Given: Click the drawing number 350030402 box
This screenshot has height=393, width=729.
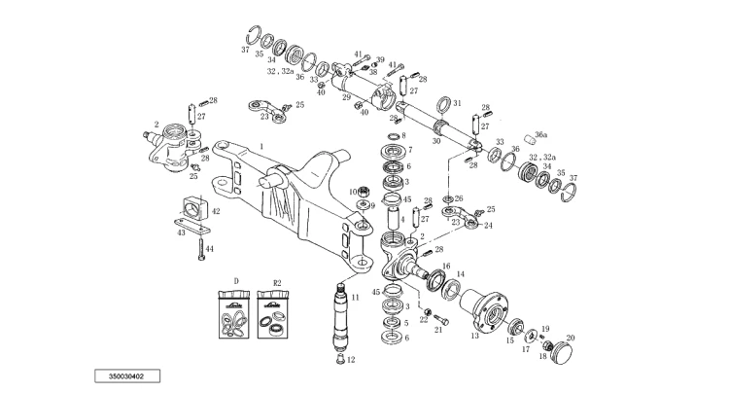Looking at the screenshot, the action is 127,375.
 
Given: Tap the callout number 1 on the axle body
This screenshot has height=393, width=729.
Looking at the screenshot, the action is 261,147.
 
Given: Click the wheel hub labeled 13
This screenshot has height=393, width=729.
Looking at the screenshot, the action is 484,308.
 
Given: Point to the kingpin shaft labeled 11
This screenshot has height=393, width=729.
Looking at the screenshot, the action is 344,317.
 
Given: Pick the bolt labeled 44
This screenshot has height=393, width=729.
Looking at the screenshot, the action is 201,248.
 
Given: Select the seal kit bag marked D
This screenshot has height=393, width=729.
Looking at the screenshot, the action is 234,315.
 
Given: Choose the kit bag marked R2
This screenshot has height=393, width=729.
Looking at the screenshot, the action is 273,315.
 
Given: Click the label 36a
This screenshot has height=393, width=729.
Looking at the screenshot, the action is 540,135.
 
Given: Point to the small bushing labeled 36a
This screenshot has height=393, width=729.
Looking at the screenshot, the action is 527,139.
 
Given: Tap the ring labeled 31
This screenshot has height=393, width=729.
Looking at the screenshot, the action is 444,105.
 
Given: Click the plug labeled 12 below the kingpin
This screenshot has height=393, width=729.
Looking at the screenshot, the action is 339,359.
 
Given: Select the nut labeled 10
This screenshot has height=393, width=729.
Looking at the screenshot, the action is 365,191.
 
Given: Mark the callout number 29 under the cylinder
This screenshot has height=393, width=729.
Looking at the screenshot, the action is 346,97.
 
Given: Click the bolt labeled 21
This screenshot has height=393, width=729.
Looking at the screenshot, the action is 441,320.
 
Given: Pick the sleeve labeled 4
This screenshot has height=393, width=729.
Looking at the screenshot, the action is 394,219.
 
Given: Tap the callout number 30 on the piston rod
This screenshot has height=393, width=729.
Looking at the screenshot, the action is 436,141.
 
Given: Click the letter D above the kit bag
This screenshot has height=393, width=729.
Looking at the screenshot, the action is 236,281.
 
